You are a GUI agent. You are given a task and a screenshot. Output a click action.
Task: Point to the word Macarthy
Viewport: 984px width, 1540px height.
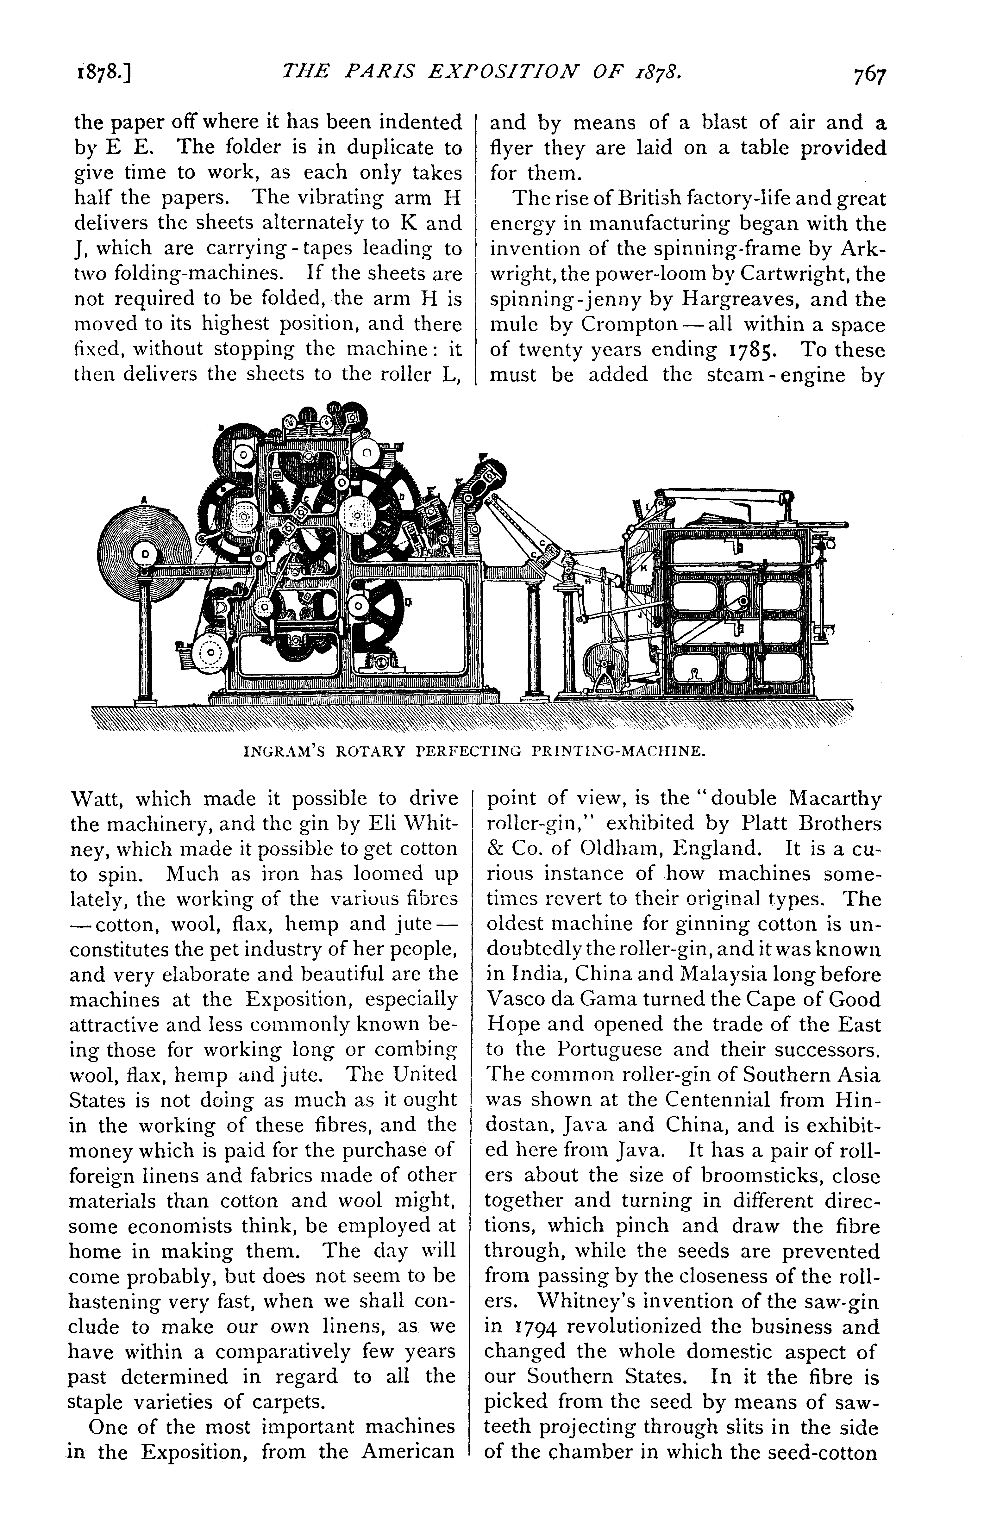833,799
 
